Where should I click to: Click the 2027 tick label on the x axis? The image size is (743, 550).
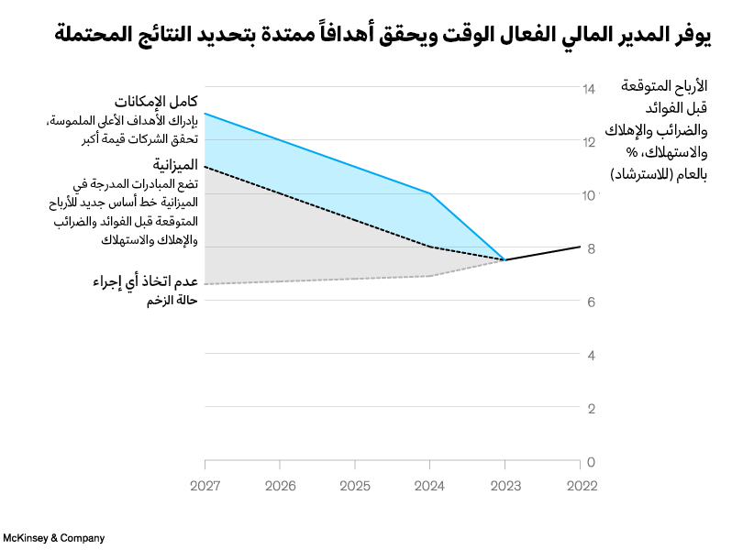click(205, 486)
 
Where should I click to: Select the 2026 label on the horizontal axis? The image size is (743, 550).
click(281, 486)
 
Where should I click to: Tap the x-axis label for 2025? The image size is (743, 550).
click(355, 486)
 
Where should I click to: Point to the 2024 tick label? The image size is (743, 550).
click(430, 486)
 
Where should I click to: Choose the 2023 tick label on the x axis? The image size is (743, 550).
click(505, 486)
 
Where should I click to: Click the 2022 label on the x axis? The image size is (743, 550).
click(581, 486)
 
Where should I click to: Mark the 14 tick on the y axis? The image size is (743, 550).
click(589, 89)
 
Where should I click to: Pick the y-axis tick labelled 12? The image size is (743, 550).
click(589, 142)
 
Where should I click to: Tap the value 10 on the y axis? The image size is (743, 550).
click(589, 195)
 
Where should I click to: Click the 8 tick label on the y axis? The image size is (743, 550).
click(589, 248)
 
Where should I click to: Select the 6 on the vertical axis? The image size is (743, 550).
click(589, 302)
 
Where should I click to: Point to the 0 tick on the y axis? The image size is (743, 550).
click(589, 461)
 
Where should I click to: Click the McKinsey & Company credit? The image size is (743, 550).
click(54, 538)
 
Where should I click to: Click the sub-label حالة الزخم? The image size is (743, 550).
click(172, 301)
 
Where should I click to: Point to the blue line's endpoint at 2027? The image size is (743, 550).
click(205, 114)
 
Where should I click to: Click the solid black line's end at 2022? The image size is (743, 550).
click(580, 246)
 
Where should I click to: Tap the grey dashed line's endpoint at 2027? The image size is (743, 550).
click(205, 284)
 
